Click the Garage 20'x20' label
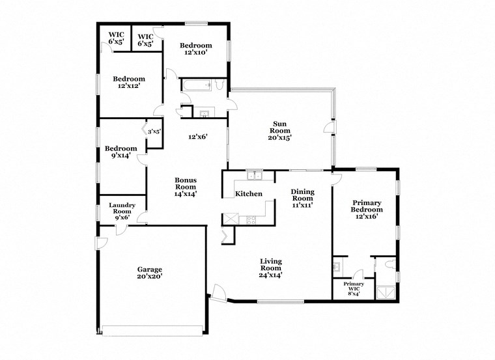click(x=149, y=272)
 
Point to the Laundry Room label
click(x=121, y=211)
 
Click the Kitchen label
click(x=248, y=193)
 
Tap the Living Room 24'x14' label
click(x=270, y=267)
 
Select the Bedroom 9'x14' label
click(x=120, y=152)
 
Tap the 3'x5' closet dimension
click(x=154, y=132)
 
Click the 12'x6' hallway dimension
click(x=197, y=137)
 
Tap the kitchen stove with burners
click(x=247, y=219)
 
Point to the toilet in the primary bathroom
click(x=388, y=264)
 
